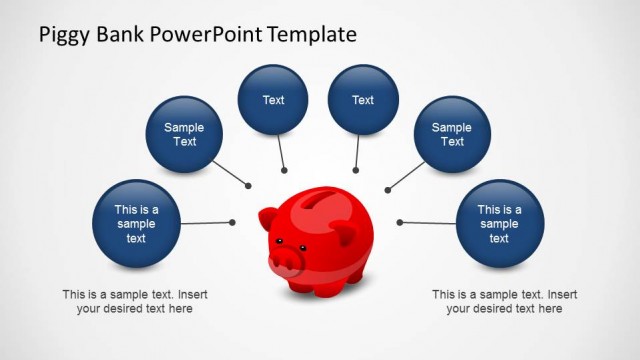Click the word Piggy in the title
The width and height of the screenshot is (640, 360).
coord(64,36)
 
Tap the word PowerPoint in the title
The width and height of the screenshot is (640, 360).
coord(206,36)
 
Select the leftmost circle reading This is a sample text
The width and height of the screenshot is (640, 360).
coord(136,224)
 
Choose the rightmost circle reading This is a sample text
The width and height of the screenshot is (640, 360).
coord(499,224)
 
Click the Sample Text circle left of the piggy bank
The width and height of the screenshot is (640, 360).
coord(184,134)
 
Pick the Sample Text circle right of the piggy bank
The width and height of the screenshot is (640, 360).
coord(452,134)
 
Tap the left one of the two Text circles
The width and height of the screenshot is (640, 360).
coord(273,100)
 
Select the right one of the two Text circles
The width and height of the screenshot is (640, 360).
coord(363,100)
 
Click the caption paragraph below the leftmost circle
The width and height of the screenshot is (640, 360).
coord(134,302)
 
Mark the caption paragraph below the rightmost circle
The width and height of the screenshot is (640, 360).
coord(504,302)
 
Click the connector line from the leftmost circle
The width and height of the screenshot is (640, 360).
coord(205,223)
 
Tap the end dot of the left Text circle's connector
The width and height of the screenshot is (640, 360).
coord(285,170)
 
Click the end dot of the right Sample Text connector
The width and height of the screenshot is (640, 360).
coord(387,189)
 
